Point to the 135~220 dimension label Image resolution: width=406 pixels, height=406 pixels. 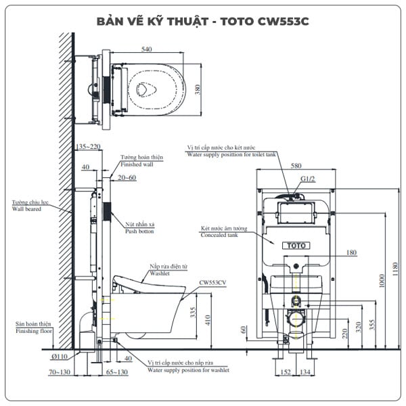(87, 145)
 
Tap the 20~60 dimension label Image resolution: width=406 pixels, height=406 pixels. (127, 177)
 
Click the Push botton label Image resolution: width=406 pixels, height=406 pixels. (139, 231)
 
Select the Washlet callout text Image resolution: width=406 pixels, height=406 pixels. (160, 274)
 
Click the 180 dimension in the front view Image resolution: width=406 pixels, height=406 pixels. (351, 253)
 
